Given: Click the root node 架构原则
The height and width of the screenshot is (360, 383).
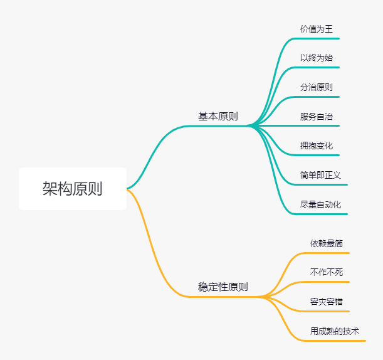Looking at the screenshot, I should (x=73, y=188).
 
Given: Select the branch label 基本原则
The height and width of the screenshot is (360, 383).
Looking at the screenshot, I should (x=218, y=117).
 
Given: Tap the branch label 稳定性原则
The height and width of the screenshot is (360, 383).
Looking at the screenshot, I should (x=223, y=287).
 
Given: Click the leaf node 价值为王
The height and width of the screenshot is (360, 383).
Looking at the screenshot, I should (x=317, y=29).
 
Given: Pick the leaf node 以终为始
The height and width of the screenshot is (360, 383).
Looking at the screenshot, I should (x=317, y=58).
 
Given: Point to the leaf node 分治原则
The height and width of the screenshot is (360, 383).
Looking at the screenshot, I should (x=317, y=87).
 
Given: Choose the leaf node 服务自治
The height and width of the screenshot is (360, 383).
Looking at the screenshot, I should (x=317, y=117).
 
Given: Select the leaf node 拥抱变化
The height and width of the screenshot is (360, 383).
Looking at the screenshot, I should (x=317, y=146).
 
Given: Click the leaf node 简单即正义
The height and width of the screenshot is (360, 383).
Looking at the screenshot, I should (x=320, y=175).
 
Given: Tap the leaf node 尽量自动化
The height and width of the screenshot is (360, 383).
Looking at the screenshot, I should (x=320, y=204).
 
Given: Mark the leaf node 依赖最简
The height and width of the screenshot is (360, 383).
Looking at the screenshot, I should (x=327, y=243).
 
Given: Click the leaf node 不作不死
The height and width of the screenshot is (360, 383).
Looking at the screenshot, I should (x=327, y=272).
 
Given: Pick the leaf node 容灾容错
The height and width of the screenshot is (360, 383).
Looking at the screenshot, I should (x=327, y=302).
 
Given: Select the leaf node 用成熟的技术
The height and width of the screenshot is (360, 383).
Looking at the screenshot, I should (x=335, y=331).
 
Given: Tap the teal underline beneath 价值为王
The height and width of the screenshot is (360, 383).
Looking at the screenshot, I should (x=320, y=38).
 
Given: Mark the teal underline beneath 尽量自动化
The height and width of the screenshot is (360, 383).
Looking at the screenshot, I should (x=323, y=214).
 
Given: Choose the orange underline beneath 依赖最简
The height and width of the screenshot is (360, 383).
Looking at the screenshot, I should (x=326, y=253).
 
